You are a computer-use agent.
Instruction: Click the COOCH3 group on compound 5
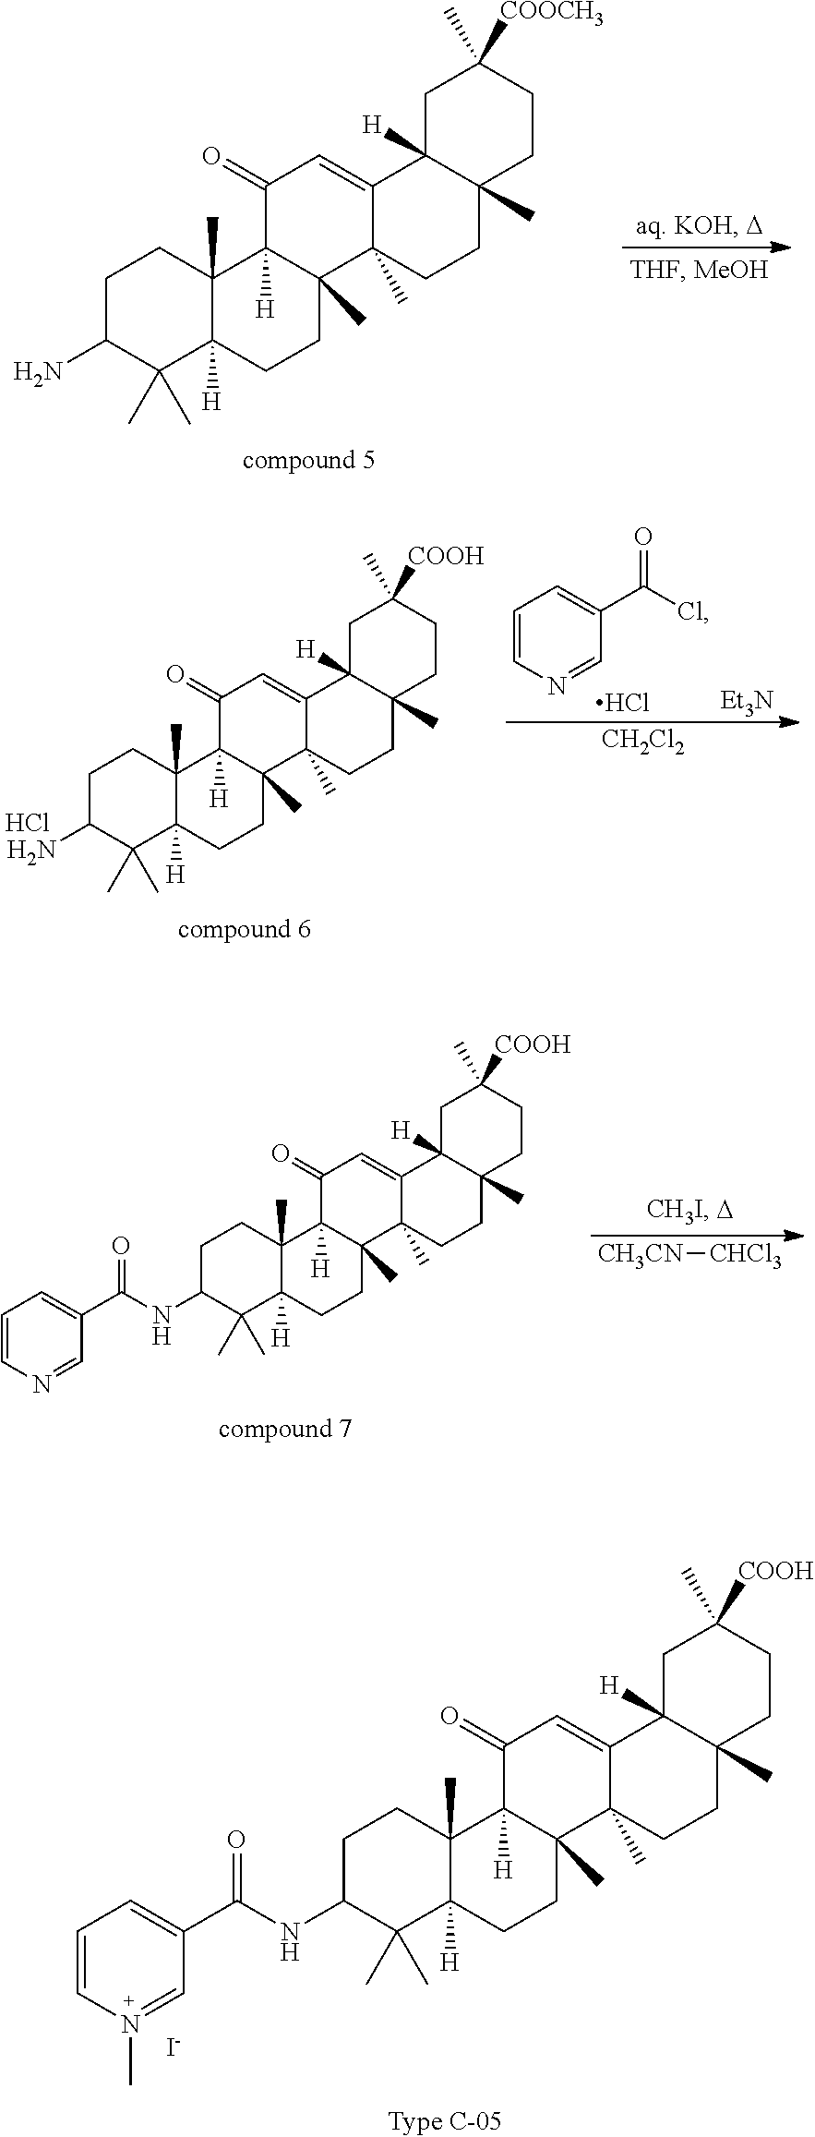coord(551,15)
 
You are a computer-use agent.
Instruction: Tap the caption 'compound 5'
coord(308,460)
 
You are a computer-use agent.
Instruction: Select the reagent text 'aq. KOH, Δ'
coord(699,226)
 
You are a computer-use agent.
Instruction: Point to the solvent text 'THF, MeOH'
coord(699,271)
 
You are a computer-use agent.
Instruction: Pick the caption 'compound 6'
coord(244,928)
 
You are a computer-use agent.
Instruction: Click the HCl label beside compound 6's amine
coord(28,823)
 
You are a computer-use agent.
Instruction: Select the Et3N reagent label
coord(747,701)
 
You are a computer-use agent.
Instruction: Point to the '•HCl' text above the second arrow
coord(622,703)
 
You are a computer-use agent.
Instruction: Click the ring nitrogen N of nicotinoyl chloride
coord(556,685)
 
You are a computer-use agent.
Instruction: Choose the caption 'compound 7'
coord(284,1429)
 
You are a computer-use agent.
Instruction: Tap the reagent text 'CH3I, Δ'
coord(689,1210)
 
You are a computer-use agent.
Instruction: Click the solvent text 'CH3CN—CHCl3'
coord(689,1254)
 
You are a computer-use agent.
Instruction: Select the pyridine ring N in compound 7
coord(42,1382)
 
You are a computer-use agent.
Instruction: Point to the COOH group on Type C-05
coord(774,1570)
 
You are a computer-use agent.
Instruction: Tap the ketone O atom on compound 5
coord(211,157)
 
